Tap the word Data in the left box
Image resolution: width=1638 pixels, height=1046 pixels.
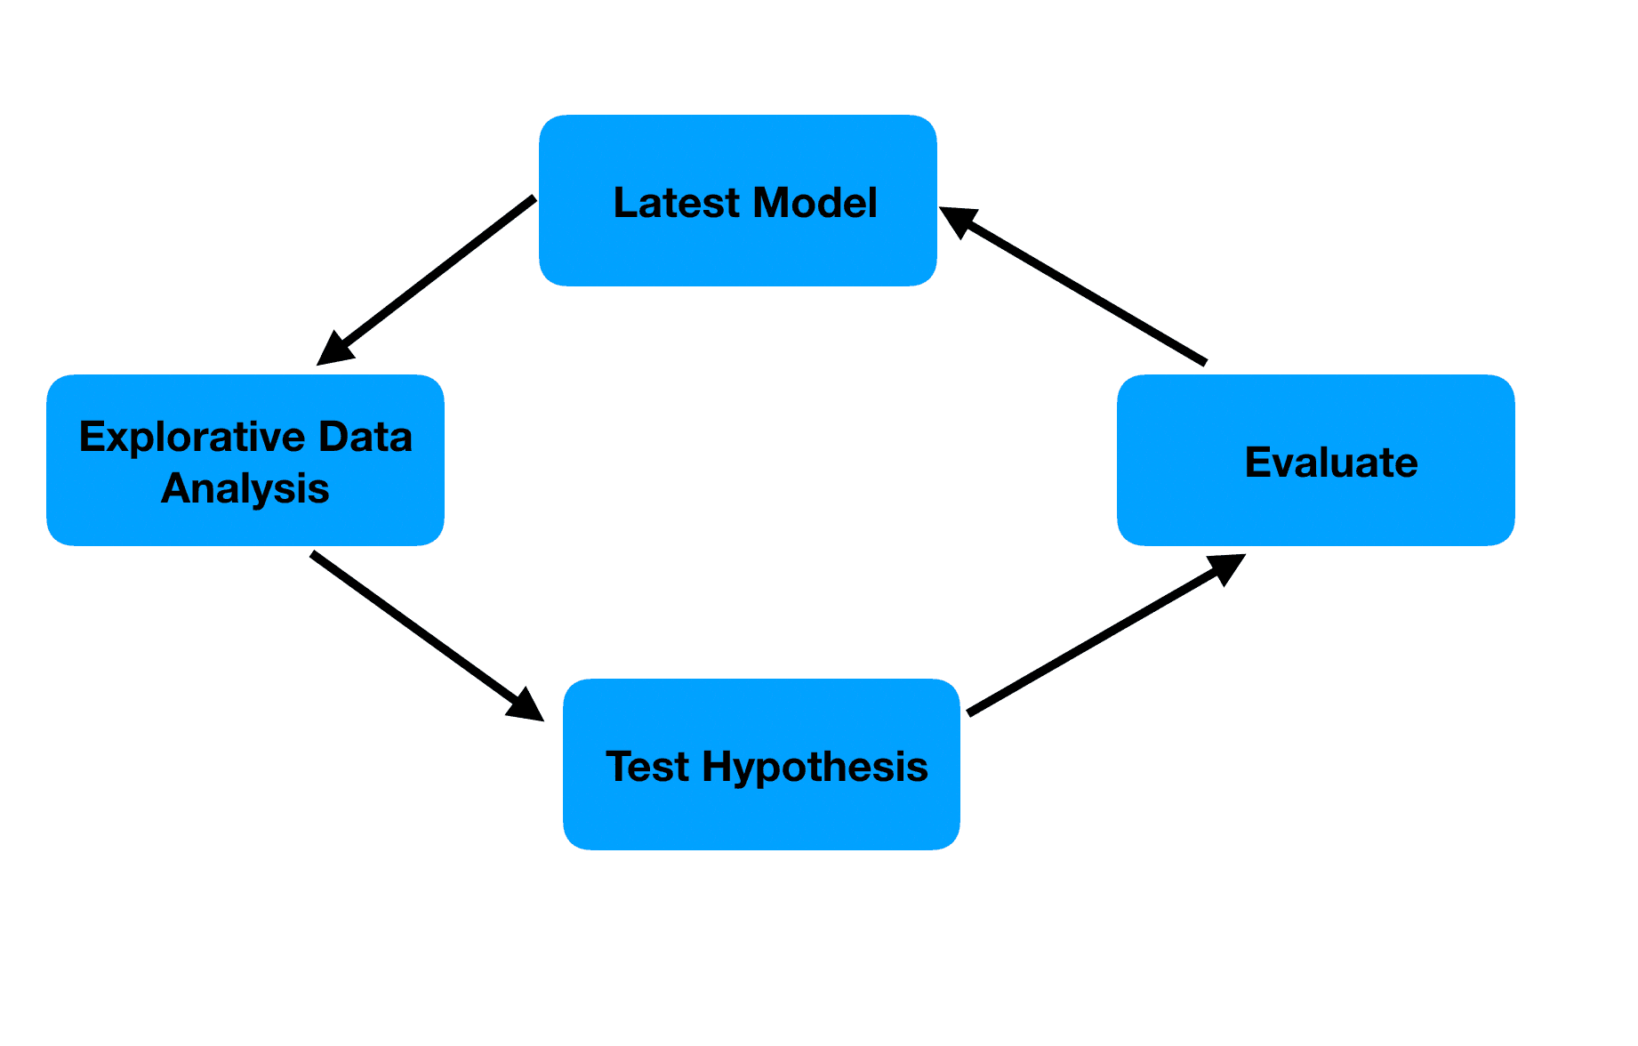tap(365, 438)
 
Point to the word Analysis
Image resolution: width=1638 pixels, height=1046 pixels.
tap(245, 489)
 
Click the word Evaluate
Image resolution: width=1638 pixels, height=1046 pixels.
tap(1330, 463)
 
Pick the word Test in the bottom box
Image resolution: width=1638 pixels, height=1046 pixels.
tap(646, 767)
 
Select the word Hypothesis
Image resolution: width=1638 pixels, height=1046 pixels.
tap(815, 767)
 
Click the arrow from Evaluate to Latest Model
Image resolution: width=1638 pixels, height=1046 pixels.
tap(1080, 289)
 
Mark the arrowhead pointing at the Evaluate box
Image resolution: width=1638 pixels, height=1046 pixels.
tap(1227, 567)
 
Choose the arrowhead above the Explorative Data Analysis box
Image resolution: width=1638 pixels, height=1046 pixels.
tap(334, 350)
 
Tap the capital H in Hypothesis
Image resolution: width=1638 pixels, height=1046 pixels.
tap(717, 767)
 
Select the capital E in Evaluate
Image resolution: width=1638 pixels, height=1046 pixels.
tap(1257, 463)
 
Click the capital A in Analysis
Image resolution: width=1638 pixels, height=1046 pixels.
tap(173, 489)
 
